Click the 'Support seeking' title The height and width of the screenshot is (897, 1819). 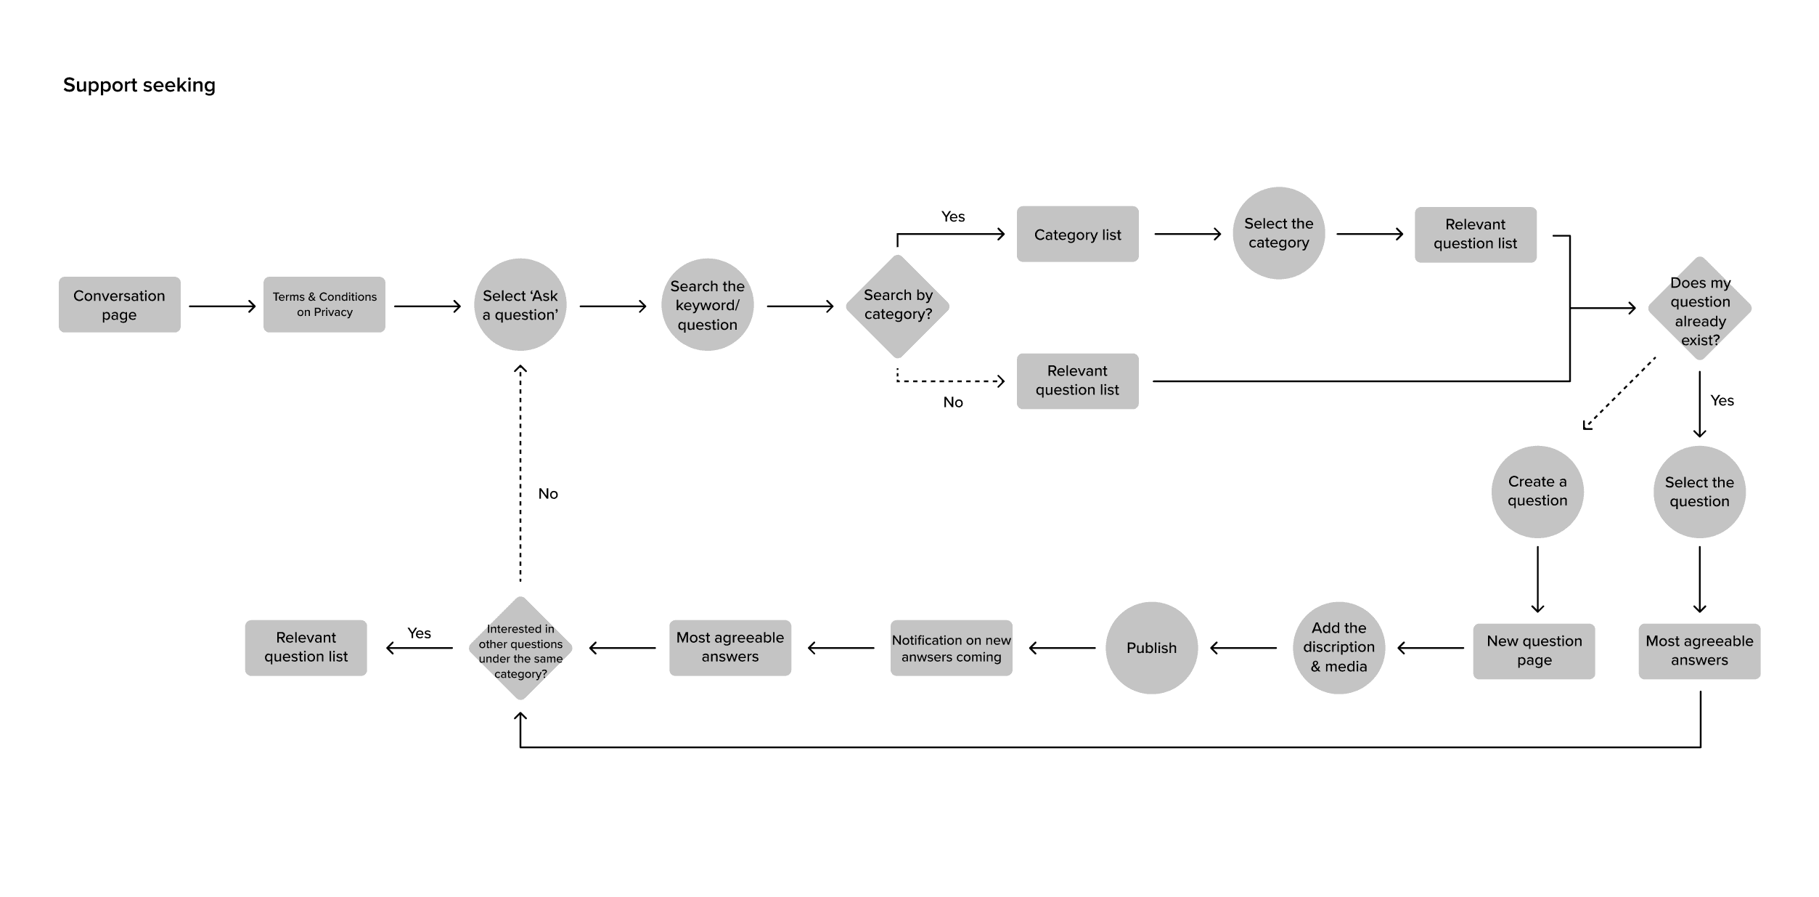coord(139,85)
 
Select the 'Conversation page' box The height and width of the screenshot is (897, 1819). coord(120,305)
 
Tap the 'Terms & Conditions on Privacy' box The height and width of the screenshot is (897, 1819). coord(324,305)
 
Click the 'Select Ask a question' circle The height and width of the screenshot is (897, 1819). coord(520,305)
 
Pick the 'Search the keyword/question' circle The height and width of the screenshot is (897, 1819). coord(708,305)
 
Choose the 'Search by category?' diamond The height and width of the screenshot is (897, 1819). coord(898,306)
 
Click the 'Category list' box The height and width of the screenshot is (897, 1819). coord(1078,235)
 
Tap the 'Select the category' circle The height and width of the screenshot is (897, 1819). coord(1279,233)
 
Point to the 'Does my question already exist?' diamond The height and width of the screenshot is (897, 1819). coord(1700,309)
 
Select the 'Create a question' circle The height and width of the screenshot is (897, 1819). coord(1537,492)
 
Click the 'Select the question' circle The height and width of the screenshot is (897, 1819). coord(1699,492)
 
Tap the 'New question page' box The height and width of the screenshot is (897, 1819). coord(1534,651)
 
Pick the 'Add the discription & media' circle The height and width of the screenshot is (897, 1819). coord(1339,648)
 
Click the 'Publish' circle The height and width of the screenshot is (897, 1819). coord(1152,648)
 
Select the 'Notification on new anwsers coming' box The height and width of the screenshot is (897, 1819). coord(952,648)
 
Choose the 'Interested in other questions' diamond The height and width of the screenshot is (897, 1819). coord(520,649)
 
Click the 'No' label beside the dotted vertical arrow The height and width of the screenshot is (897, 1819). coord(548,494)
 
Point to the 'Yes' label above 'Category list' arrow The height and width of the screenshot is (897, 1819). coord(953,216)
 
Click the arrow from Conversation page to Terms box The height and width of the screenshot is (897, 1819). coord(222,307)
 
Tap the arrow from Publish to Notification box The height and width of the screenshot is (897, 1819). coord(1063,648)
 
